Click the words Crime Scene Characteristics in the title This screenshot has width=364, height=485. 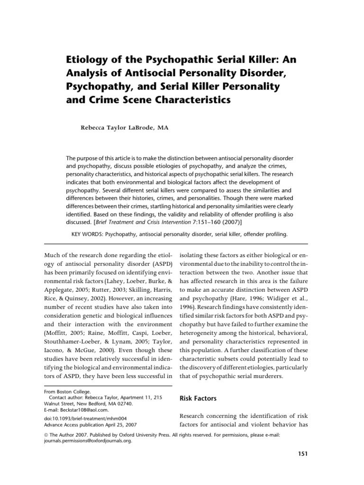[147, 100]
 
